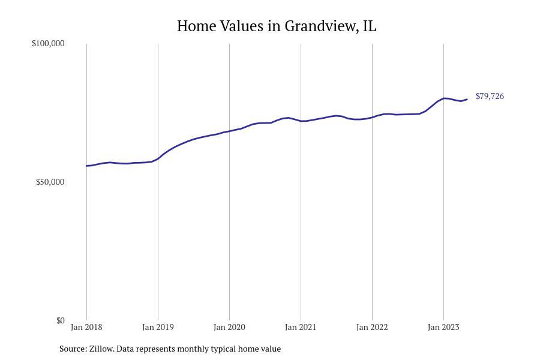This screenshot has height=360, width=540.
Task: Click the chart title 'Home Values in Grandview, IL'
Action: point(276,26)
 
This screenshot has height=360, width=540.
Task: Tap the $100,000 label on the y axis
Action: point(48,44)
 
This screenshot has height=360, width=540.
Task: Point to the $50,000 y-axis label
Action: point(50,182)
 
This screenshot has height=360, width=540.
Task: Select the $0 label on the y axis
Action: point(60,321)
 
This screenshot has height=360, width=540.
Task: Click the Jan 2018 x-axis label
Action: point(86,328)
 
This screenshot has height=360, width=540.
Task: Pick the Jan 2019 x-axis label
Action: point(158,328)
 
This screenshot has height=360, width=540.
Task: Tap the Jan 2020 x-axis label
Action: point(229,328)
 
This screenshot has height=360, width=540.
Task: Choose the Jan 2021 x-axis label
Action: point(301,328)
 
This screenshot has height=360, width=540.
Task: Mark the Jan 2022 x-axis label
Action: point(372,328)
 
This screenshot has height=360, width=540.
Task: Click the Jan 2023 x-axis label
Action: point(443,328)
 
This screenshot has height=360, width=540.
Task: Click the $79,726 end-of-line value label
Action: point(490,97)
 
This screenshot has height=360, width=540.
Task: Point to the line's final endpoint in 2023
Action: point(467,100)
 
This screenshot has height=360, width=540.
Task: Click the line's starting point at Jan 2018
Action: point(87,166)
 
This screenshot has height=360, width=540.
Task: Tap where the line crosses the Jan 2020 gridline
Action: point(229,131)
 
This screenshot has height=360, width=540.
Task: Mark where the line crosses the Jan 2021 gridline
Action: point(301,121)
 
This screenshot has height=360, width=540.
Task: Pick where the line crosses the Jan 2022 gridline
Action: point(372,117)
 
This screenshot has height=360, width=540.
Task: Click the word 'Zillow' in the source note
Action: point(101,349)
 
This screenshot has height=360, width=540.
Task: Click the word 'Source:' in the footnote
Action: point(73,349)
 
